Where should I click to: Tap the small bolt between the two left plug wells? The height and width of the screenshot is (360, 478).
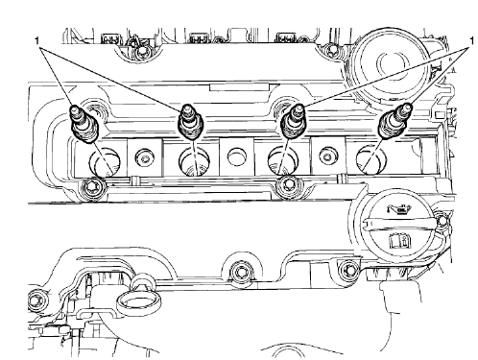144,154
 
